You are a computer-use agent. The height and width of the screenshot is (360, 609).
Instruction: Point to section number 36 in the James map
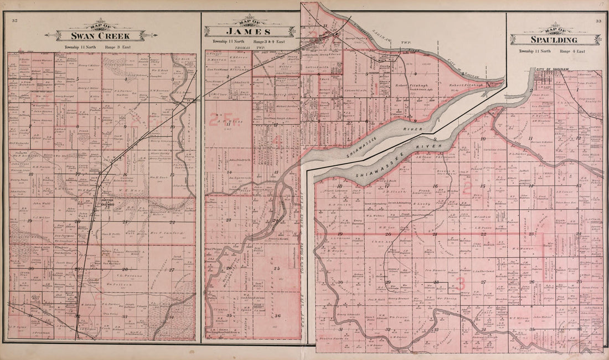click(x=277, y=316)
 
